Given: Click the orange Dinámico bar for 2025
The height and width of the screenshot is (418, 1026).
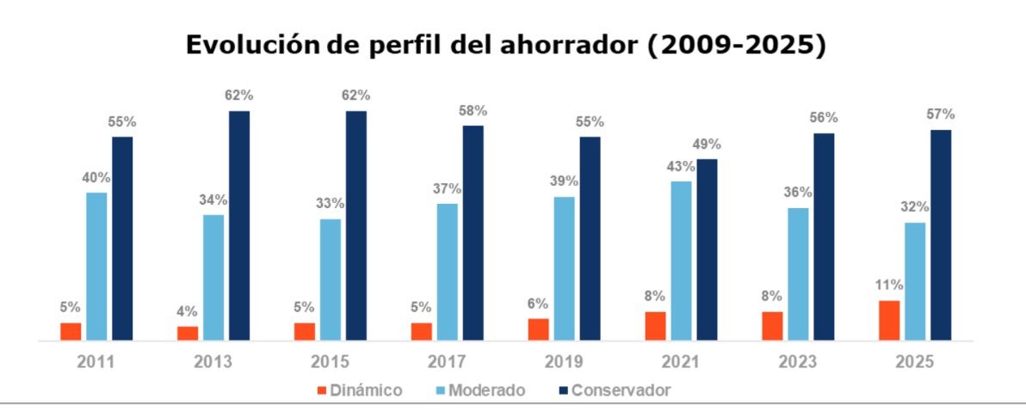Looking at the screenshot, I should (889, 320).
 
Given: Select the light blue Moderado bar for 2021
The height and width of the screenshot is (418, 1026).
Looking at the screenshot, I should (682, 261).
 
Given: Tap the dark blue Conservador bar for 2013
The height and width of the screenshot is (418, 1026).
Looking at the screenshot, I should (239, 225).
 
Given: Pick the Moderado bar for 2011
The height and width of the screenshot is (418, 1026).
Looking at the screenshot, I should (97, 266).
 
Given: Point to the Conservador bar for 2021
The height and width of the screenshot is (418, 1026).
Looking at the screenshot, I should (707, 249).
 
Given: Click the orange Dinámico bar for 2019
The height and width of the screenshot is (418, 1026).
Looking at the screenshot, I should (539, 329).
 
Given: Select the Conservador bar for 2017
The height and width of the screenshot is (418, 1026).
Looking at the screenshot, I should (473, 232).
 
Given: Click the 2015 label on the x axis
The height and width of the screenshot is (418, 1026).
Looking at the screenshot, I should (330, 361).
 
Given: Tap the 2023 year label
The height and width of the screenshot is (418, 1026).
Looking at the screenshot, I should (797, 361).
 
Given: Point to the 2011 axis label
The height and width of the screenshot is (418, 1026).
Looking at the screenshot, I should (96, 361).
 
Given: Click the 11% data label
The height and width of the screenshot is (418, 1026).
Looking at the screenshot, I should (889, 285).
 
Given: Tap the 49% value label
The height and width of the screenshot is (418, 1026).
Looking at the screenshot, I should (706, 144).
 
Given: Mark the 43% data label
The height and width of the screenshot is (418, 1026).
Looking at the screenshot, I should (681, 166).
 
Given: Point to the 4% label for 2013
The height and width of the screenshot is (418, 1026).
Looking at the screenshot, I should (188, 311).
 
